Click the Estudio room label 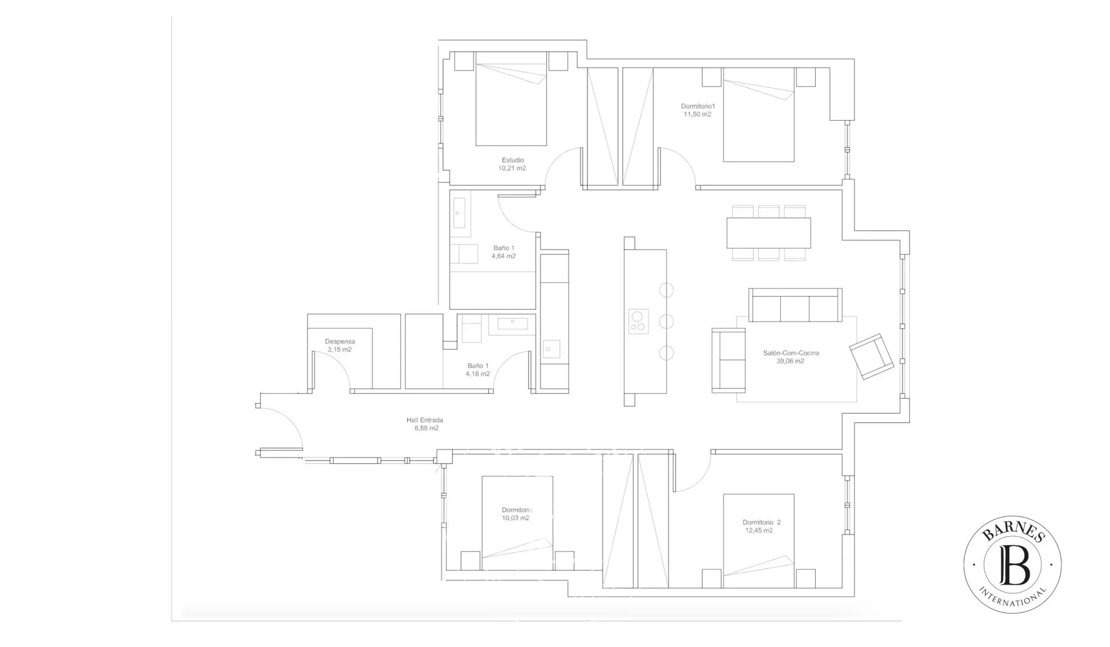tap(513, 160)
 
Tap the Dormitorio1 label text tap(698, 106)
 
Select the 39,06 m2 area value tap(790, 361)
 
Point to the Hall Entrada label tap(424, 421)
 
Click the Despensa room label tap(340, 341)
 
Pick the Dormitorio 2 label tap(761, 522)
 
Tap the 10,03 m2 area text tap(516, 518)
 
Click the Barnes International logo tap(1012, 564)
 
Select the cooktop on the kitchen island tap(638, 322)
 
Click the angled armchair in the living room tap(871, 356)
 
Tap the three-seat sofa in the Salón tap(795, 305)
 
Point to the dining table tap(769, 232)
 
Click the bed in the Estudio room tap(511, 99)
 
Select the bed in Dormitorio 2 tap(758, 541)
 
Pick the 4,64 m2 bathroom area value tap(504, 256)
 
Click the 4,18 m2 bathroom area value tap(478, 374)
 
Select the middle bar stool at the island tap(667, 321)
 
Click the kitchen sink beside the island tap(551, 348)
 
